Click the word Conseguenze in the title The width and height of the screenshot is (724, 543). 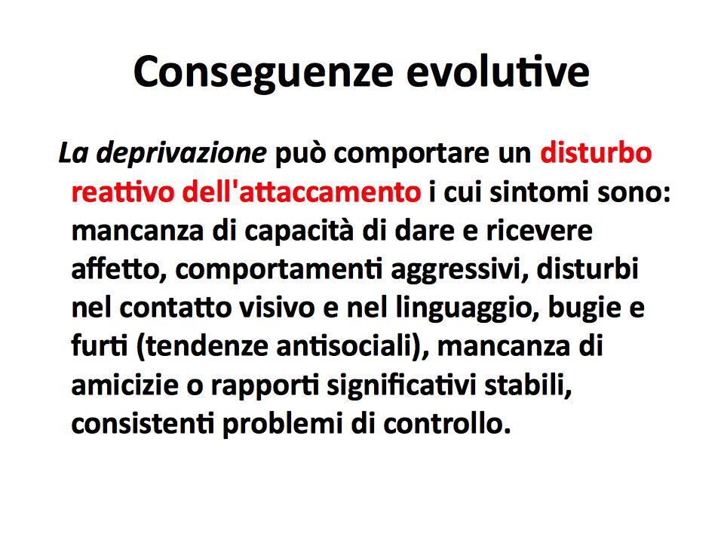coord(263,73)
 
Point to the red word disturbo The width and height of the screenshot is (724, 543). coord(596,152)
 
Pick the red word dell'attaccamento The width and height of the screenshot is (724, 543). coord(301,191)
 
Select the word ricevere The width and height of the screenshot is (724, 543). coord(538,231)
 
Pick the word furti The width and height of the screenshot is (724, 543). coord(100,345)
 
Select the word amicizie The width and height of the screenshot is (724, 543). coord(124,385)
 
